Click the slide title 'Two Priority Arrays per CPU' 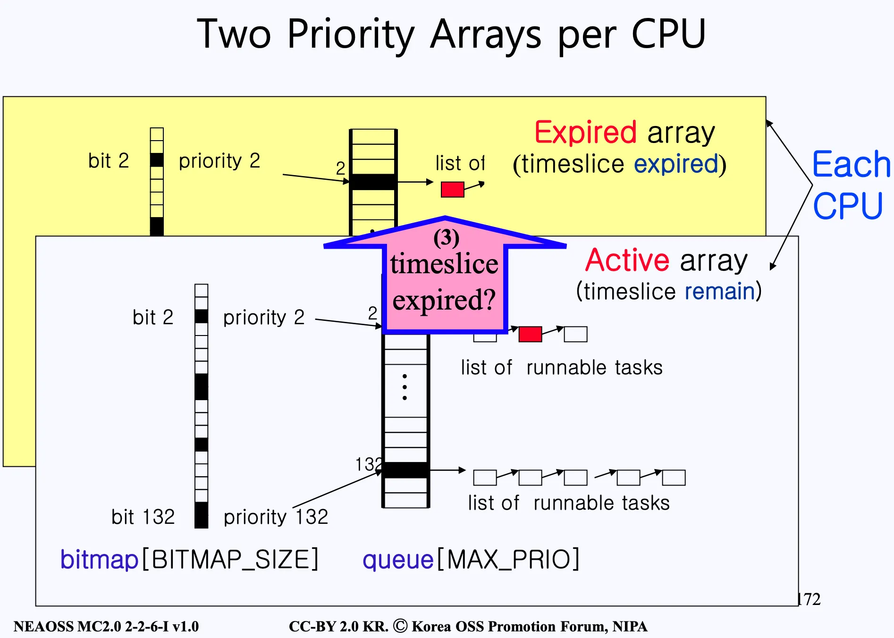pos(451,34)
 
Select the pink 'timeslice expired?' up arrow pos(444,278)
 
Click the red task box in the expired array pos(452,189)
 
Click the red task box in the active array pos(530,334)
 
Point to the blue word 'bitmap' pos(99,560)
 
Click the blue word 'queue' pos(398,560)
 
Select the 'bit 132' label pos(143,517)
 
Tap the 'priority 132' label pos(276,517)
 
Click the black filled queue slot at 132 pos(405,470)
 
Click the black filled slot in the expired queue pos(373,182)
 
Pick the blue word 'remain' pos(720,291)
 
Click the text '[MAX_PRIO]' pos(508,560)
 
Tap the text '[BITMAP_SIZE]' pos(230,560)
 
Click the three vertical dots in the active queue pos(405,387)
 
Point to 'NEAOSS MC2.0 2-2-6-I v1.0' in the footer pos(106,627)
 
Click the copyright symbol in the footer pos(400,626)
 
